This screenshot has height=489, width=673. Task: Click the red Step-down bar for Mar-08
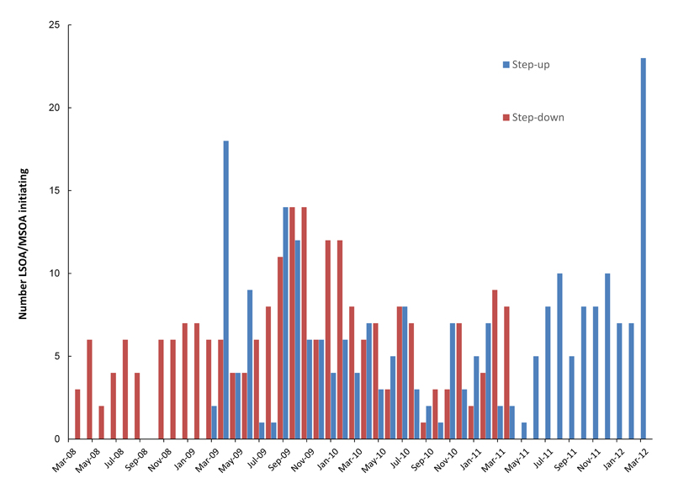pos(77,414)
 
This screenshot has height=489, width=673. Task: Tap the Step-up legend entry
pos(525,65)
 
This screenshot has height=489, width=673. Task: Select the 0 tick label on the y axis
pos(57,439)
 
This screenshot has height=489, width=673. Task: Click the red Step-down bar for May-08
pos(89,389)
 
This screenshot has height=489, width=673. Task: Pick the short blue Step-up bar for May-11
pos(524,430)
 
